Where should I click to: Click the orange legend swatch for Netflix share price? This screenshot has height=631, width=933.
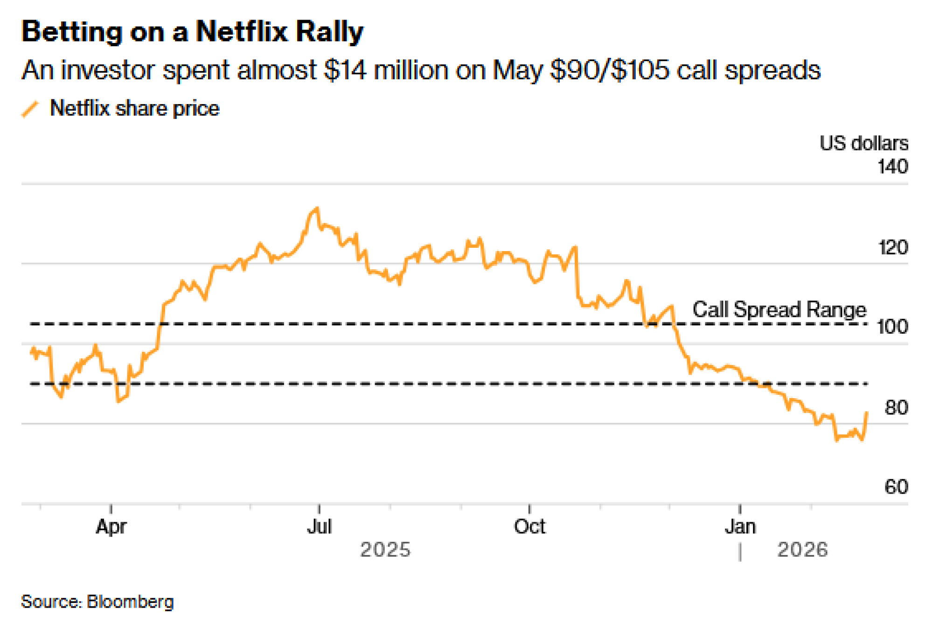pyautogui.click(x=30, y=109)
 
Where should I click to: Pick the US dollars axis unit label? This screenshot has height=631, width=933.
pyautogui.click(x=863, y=143)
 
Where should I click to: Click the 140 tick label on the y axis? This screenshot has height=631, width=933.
pyautogui.click(x=892, y=167)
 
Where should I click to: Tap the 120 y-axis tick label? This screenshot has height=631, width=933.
pyautogui.click(x=893, y=247)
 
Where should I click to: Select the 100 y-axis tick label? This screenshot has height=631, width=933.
pyautogui.click(x=892, y=327)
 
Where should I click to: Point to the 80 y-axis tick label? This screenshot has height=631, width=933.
pyautogui.click(x=896, y=408)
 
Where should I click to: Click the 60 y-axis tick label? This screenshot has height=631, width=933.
pyautogui.click(x=896, y=487)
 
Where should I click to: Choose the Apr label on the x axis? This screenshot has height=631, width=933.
pyautogui.click(x=111, y=526)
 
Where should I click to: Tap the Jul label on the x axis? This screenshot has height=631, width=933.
pyautogui.click(x=319, y=526)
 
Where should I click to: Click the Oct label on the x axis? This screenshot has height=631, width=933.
pyautogui.click(x=529, y=526)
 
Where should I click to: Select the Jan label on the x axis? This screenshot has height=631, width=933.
pyautogui.click(x=740, y=526)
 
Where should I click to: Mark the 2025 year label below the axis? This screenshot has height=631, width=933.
pyautogui.click(x=385, y=550)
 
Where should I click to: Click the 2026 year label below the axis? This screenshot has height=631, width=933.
pyautogui.click(x=802, y=550)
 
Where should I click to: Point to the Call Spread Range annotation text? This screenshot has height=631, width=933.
pyautogui.click(x=779, y=309)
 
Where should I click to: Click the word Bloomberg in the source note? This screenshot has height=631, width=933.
pyautogui.click(x=130, y=602)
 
